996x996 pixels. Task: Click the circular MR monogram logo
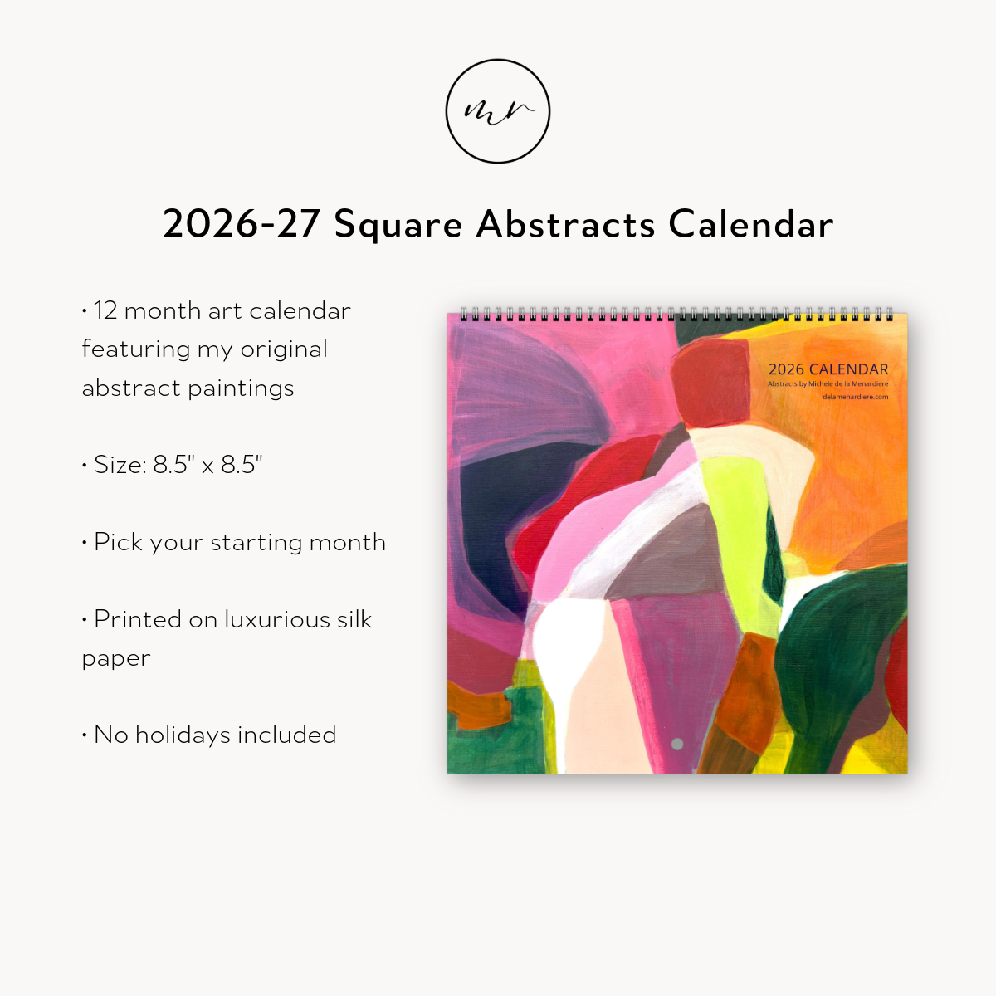point(498,111)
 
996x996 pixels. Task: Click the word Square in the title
point(398,225)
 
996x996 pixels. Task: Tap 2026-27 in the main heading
point(242,225)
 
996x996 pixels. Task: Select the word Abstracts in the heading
point(566,225)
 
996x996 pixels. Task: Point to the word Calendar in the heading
point(750,225)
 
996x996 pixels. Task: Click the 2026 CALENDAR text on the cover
point(828,369)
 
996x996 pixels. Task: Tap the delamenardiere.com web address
point(855,397)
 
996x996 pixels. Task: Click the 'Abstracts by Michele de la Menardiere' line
point(828,384)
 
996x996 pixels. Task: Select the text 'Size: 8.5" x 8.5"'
point(178,465)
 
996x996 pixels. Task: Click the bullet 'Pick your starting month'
point(239,542)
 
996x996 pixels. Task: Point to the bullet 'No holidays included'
point(214,735)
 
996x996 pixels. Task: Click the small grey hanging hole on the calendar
point(677,745)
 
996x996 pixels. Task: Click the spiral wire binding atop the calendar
point(676,315)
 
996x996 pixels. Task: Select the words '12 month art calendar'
point(222,310)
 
